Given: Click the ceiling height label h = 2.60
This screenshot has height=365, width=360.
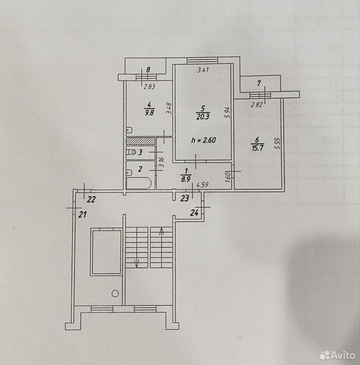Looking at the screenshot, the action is click(204, 140).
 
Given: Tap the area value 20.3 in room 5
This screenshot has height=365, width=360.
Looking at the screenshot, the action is click(203, 117).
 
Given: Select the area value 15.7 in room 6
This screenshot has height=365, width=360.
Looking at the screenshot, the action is click(257, 148).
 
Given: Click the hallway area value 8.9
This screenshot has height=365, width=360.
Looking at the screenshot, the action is click(186, 179).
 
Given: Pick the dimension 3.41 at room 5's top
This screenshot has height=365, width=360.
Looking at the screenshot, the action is click(203, 70).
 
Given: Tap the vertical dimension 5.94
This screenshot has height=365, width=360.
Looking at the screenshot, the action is click(227, 112).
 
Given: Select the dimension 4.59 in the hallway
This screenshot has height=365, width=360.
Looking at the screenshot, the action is click(202, 185).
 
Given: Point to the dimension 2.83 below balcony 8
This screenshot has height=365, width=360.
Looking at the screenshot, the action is click(149, 87).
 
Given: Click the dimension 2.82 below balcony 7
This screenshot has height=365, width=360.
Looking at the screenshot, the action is click(257, 105).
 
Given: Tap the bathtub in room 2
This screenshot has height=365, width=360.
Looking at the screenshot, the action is click(139, 183).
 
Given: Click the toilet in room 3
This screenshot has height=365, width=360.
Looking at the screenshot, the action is click(131, 152).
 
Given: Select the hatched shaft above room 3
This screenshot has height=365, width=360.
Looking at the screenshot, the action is click(141, 141).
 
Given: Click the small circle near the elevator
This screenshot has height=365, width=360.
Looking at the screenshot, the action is click(115, 293).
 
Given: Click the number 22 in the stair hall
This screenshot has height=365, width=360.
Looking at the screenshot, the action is click(91, 200).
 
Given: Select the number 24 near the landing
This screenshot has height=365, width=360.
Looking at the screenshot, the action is click(194, 213).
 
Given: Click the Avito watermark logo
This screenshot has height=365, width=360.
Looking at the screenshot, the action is click(338, 355).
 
